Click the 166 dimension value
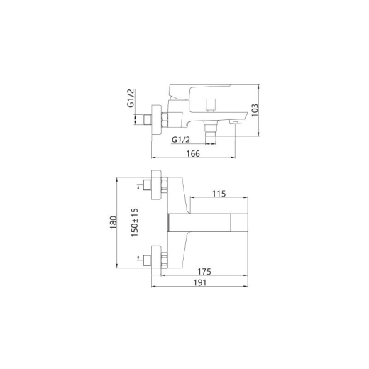point(193,154)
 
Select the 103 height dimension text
point(255,110)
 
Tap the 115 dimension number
point(219,194)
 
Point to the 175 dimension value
point(204,272)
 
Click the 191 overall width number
point(200,282)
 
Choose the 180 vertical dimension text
point(114,223)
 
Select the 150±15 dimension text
point(135,223)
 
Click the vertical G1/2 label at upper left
point(131,98)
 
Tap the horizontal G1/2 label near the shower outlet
point(181,140)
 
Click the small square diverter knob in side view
point(210,104)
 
